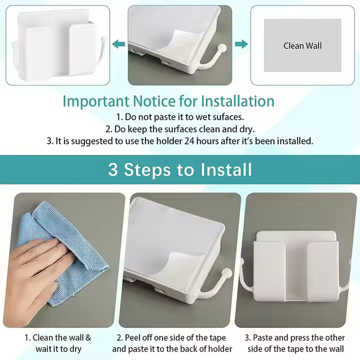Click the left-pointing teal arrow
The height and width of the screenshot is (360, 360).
pos(118,44)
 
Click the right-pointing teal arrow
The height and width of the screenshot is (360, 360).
pos(241,44)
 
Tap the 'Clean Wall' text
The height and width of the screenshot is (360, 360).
pos(302,45)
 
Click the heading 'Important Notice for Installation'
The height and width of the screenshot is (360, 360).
pos(168,101)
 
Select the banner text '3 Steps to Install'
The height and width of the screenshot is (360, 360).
pos(180,169)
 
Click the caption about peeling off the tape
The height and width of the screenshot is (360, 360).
pos(172,343)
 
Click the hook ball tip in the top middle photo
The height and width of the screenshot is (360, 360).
pos(222,49)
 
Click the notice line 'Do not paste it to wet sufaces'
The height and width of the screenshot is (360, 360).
pos(180,117)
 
